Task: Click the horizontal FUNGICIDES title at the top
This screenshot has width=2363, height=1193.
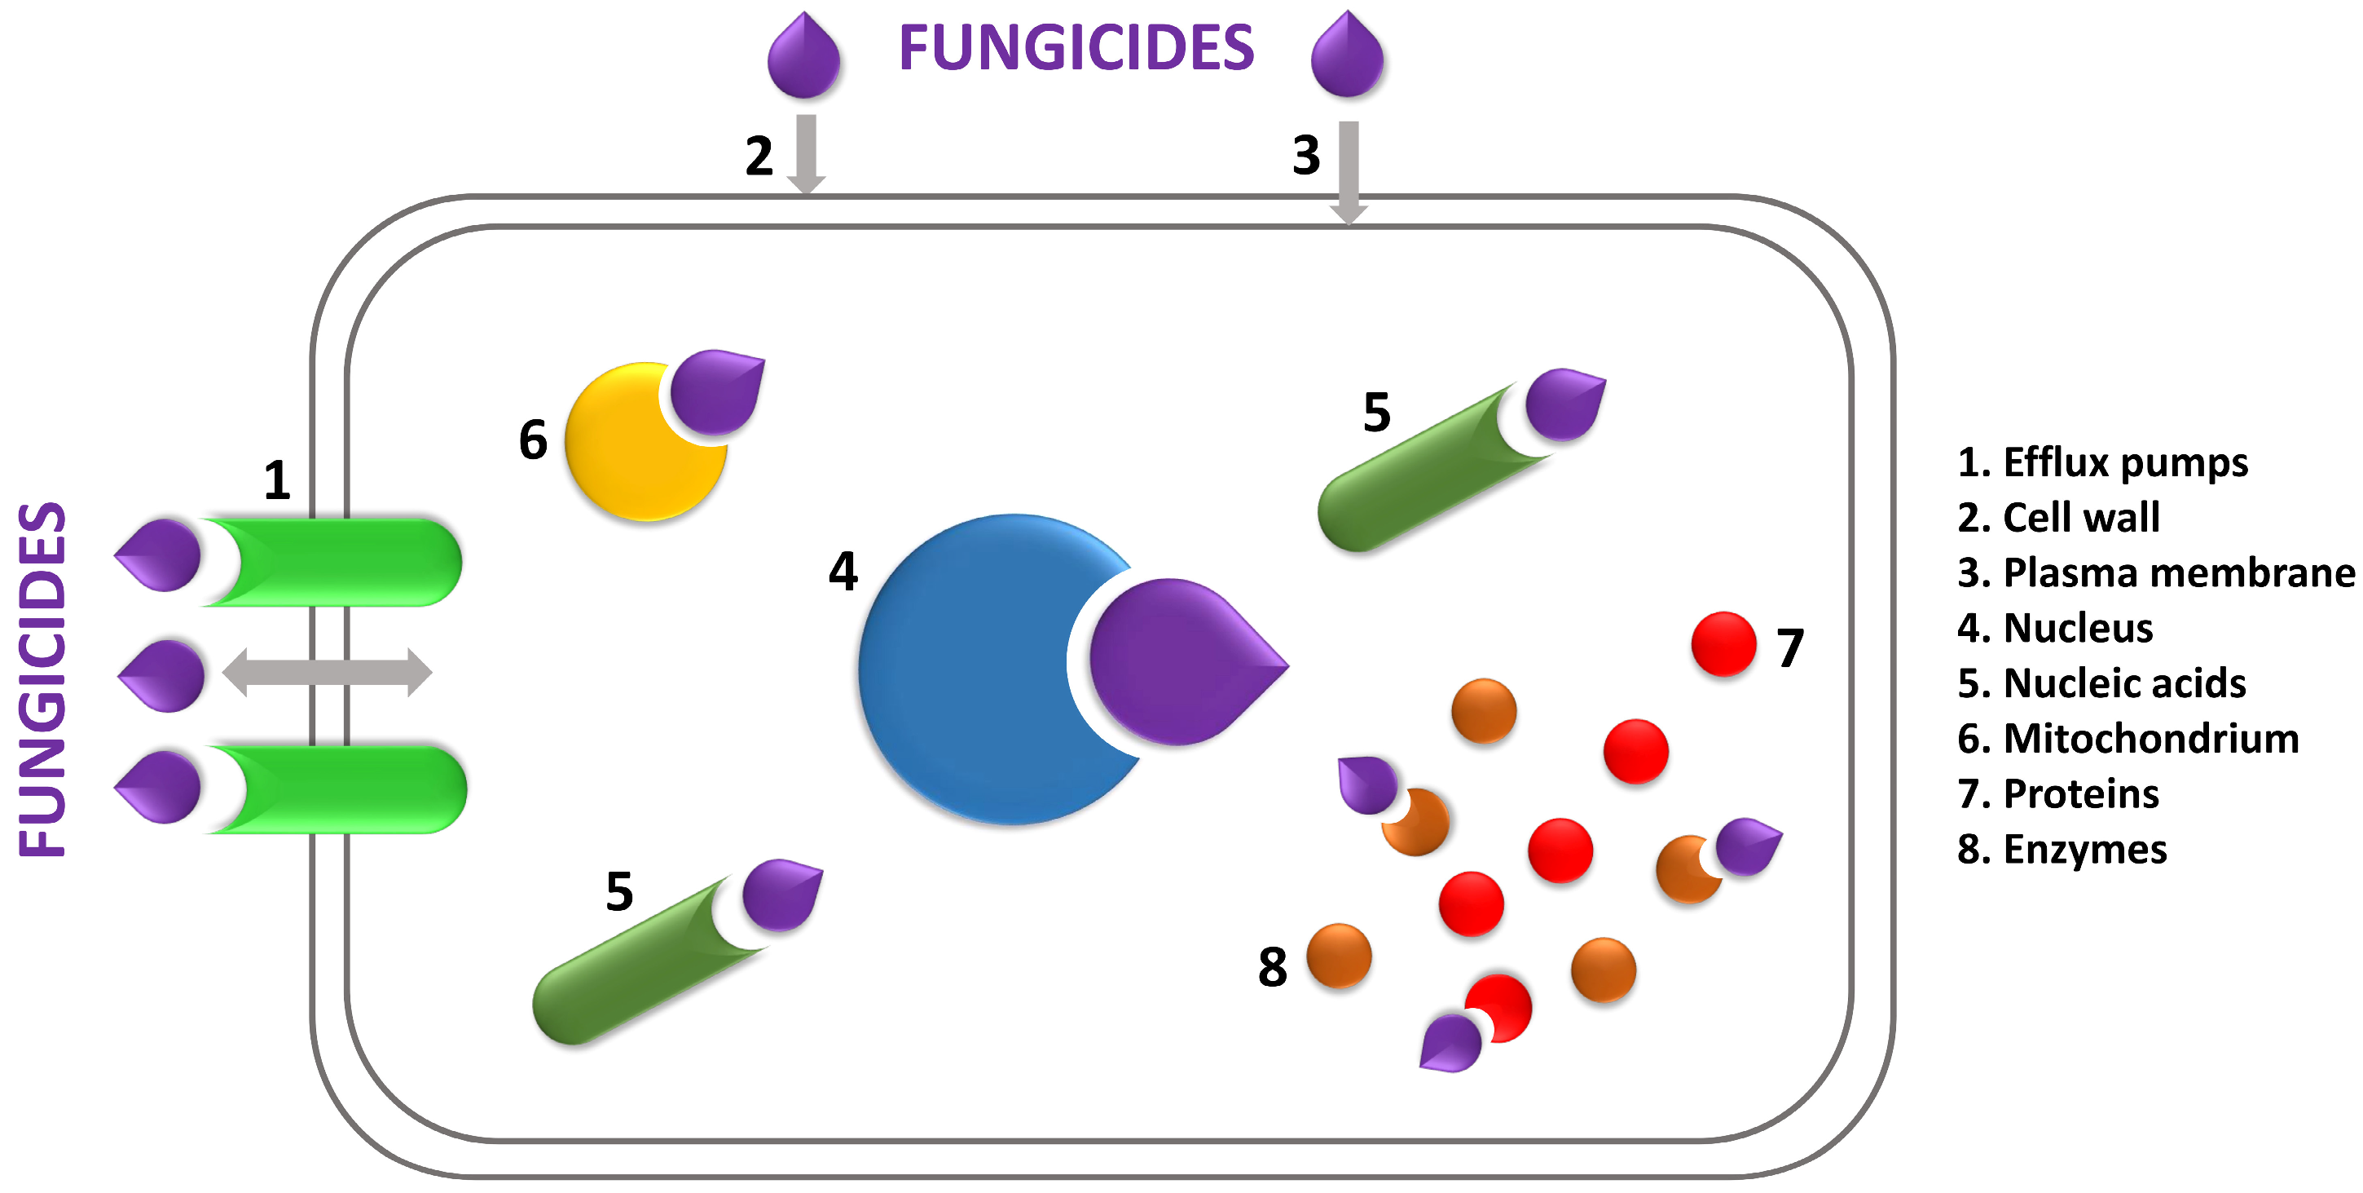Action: (x=1075, y=48)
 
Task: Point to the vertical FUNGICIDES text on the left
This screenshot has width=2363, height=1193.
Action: (x=42, y=679)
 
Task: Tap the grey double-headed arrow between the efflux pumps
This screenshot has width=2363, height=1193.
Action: (x=327, y=673)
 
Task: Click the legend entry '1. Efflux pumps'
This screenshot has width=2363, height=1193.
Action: (x=2102, y=462)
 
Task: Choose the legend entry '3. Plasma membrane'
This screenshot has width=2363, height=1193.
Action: (x=2156, y=572)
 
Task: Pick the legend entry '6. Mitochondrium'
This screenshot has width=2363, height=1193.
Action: (x=2128, y=739)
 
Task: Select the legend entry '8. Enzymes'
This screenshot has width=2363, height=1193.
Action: (x=2062, y=850)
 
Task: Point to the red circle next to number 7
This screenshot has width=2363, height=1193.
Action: (x=1723, y=644)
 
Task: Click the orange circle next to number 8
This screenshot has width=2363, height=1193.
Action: (x=1339, y=957)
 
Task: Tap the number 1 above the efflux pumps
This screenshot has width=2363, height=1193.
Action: (x=277, y=480)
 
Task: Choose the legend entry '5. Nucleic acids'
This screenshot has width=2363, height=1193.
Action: (x=2101, y=683)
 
